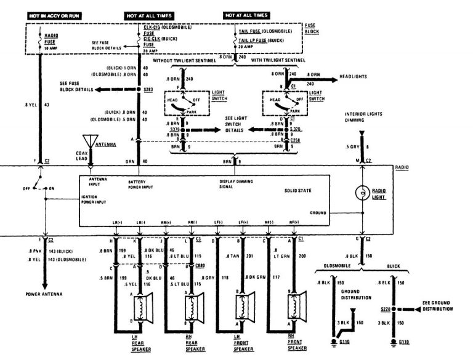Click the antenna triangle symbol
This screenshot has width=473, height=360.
click(x=91, y=143)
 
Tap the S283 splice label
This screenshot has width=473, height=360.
click(x=148, y=89)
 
